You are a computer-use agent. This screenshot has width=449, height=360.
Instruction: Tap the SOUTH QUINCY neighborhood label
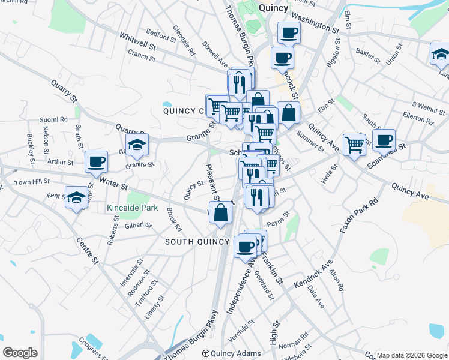[197, 242]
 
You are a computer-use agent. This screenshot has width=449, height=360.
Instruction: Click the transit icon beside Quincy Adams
[206, 353]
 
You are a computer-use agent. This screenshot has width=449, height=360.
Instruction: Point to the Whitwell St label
[137, 41]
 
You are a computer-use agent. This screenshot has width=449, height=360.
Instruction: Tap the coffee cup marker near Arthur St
[96, 161]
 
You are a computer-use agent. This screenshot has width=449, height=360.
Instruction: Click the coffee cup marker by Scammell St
[384, 140]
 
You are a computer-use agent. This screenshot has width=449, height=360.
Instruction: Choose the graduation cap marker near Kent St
[76, 197]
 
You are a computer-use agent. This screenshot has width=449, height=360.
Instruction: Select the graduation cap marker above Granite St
[137, 143]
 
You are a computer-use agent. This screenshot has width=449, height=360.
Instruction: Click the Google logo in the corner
[20, 353]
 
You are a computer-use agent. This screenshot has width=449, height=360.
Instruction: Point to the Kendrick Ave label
[313, 274]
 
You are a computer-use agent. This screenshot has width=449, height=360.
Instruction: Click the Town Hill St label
[31, 182]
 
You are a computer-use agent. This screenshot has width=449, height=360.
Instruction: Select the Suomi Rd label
[52, 119]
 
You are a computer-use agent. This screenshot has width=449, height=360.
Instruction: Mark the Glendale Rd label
[184, 40]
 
